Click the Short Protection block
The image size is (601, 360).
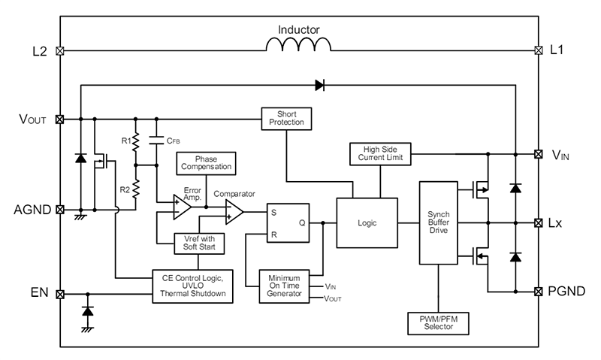pyautogui.click(x=286, y=118)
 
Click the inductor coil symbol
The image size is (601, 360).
pyautogui.click(x=299, y=46)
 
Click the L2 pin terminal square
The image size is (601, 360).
pyautogui.click(x=60, y=51)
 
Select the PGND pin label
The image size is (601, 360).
pyautogui.click(x=565, y=291)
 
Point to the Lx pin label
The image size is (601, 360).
pyautogui.click(x=556, y=223)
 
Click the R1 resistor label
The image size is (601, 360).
pyautogui.click(x=125, y=141)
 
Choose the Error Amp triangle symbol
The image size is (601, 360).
pyautogui.click(x=181, y=207)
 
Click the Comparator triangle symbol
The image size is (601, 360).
pyautogui.click(x=234, y=213)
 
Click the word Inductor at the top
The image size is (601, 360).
pyautogui.click(x=299, y=29)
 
